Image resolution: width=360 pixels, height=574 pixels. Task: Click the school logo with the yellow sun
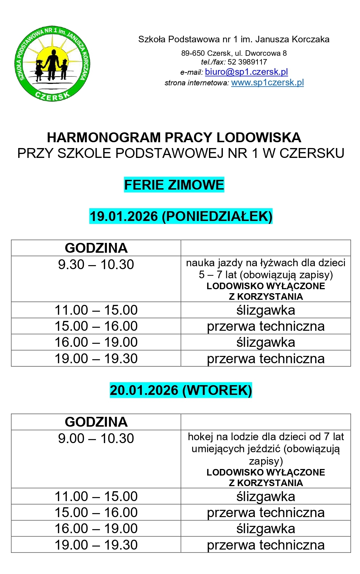53,64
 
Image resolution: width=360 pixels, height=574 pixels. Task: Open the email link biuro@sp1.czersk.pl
246,72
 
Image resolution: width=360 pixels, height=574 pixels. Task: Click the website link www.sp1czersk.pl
267,82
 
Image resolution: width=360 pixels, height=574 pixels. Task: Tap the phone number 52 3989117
247,62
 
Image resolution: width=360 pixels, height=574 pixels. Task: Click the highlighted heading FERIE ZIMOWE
174,185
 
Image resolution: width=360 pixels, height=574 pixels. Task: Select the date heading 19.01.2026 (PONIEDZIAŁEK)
181,216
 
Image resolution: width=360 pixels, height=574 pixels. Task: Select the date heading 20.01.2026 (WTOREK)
181,390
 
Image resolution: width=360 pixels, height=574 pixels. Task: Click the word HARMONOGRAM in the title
104,137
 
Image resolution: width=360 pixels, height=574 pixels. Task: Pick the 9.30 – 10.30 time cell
96,264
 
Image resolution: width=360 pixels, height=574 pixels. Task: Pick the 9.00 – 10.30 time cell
96,438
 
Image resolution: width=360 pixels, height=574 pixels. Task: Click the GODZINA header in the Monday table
96,248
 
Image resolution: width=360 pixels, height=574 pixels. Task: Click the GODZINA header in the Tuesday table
96,422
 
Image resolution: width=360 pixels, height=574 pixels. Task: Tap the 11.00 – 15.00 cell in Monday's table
96,310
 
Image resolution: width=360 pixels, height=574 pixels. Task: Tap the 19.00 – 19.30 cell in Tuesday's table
96,545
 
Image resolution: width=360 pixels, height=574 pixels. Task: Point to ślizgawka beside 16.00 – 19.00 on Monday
266,342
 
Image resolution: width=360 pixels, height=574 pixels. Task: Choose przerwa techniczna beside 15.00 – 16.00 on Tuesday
266,512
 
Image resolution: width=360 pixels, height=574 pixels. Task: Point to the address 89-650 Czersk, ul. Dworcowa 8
234,53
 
